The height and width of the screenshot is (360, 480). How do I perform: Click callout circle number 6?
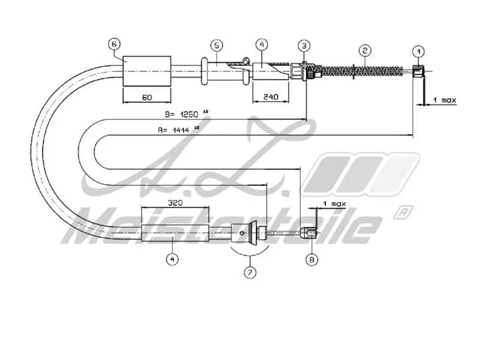pyautogui.click(x=115, y=44)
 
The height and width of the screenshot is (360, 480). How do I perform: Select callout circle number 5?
pyautogui.click(x=217, y=45)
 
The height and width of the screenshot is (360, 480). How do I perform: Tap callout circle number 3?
pyautogui.click(x=304, y=46)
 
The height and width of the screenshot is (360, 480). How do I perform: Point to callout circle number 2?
pyautogui.click(x=364, y=50)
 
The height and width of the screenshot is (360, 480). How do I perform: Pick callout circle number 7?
pyautogui.click(x=249, y=272)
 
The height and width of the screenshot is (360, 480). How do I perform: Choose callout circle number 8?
pyautogui.click(x=311, y=260)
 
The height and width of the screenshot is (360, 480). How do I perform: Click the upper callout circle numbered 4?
pyautogui.click(x=260, y=44)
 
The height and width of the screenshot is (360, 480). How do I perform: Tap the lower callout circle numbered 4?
pyautogui.click(x=172, y=260)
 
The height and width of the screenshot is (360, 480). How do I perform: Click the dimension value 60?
pyautogui.click(x=146, y=97)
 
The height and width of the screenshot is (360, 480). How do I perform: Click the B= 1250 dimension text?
pyautogui.click(x=183, y=113)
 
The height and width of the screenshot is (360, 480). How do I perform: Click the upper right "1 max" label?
pyautogui.click(x=444, y=100)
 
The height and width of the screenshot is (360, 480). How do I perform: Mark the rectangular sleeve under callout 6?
pyautogui.click(x=146, y=70)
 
